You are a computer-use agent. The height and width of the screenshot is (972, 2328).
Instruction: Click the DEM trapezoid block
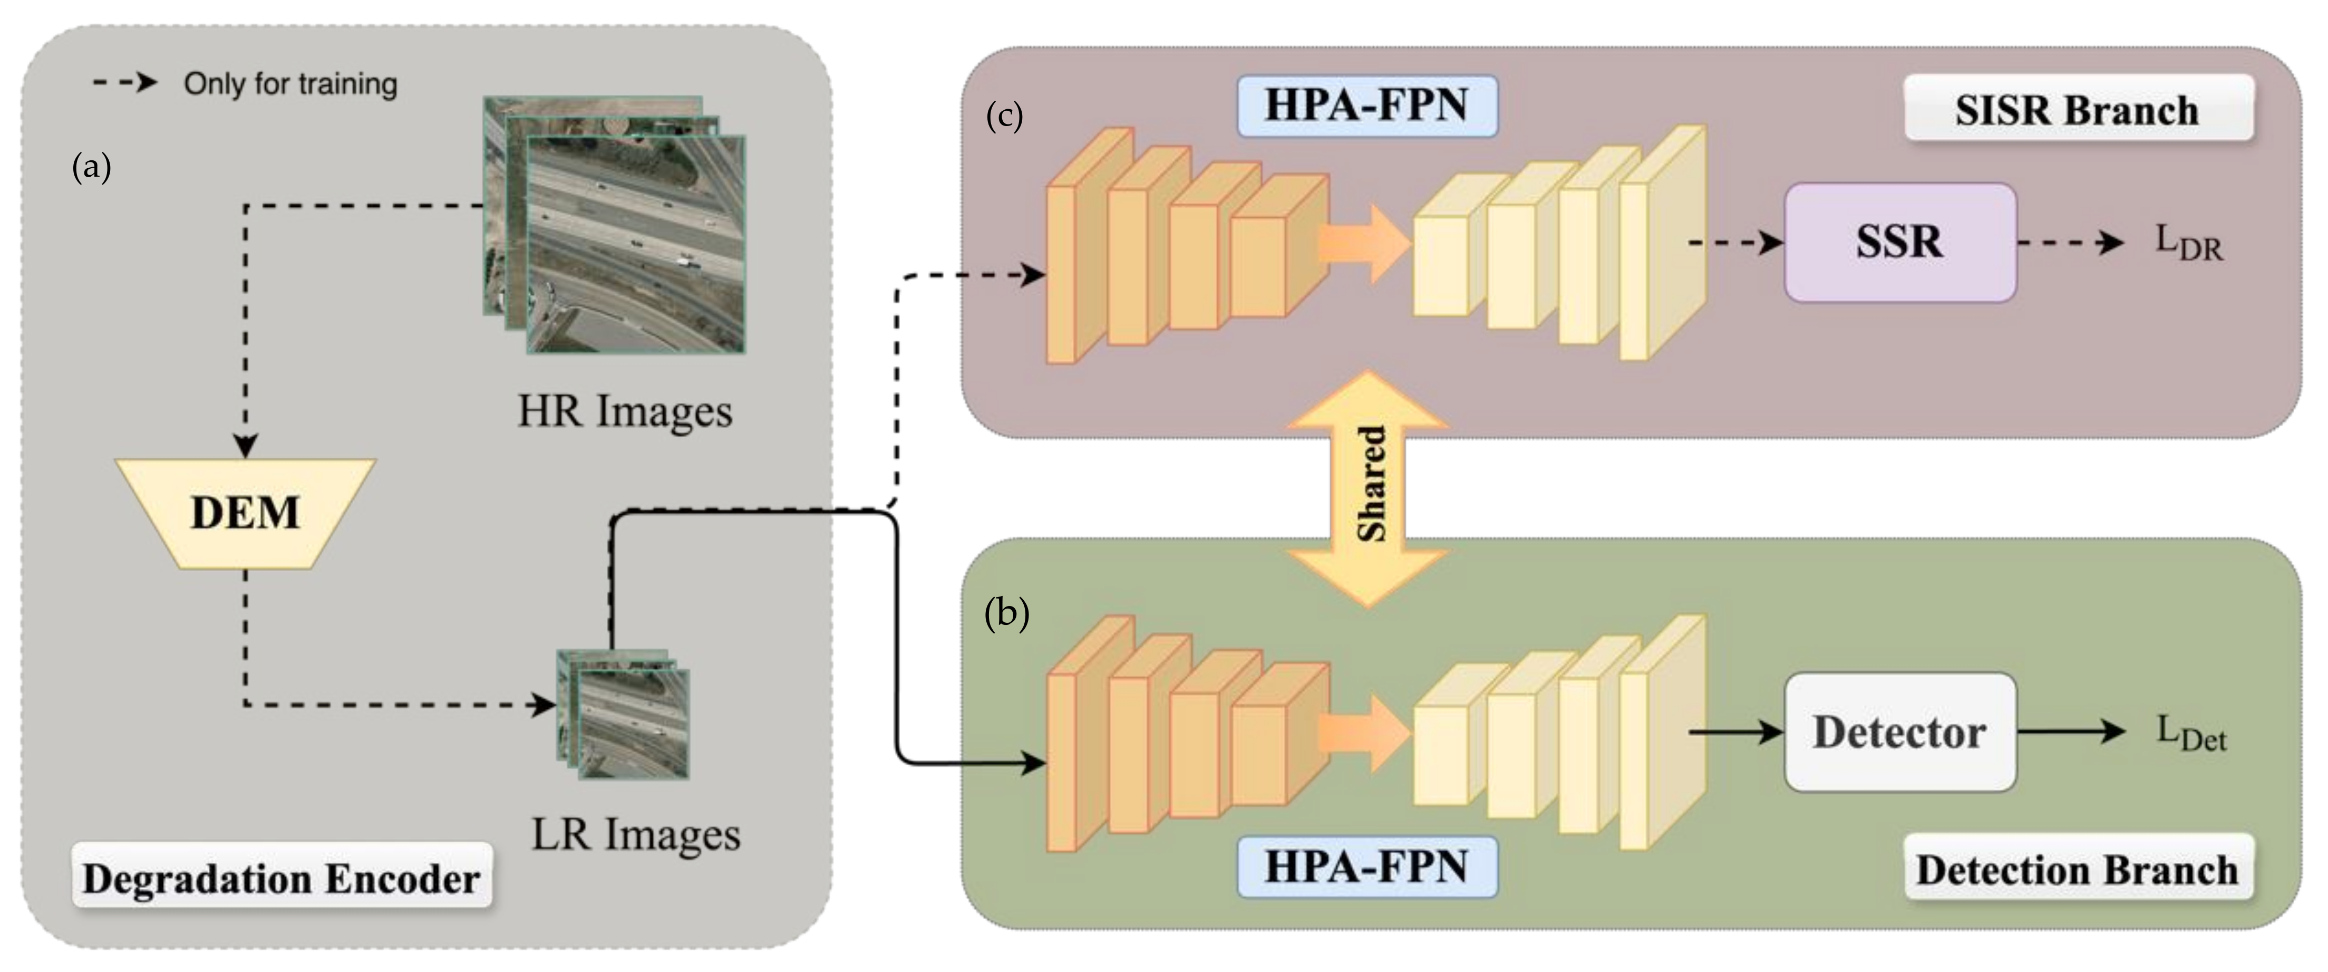click(x=245, y=513)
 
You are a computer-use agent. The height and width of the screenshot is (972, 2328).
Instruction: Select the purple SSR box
click(x=1899, y=242)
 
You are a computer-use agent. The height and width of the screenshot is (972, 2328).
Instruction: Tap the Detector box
click(x=1899, y=733)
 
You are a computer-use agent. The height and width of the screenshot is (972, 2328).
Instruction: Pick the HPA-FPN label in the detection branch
click(x=1366, y=866)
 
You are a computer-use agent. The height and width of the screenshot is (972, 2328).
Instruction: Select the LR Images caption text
click(x=635, y=834)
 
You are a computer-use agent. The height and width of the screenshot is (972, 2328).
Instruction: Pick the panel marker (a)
click(x=91, y=167)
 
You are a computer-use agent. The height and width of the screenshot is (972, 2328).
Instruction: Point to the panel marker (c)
click(x=1004, y=116)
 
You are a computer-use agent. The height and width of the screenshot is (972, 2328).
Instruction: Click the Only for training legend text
click(x=290, y=84)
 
